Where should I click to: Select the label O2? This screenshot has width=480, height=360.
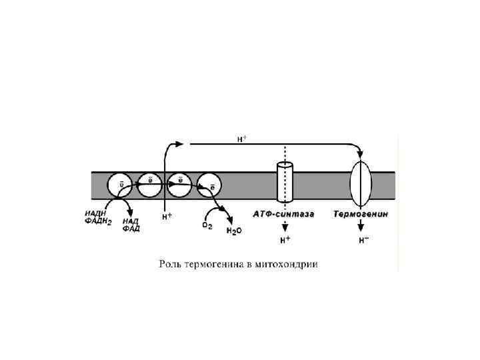[x=207, y=225]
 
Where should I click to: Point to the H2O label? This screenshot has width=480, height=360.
[x=235, y=232]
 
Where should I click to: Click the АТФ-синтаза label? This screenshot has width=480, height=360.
[x=279, y=215]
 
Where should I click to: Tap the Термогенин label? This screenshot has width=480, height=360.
[x=361, y=215]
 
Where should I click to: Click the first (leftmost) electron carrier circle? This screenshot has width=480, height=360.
[x=122, y=185]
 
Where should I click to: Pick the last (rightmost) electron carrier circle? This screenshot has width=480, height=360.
[x=210, y=185]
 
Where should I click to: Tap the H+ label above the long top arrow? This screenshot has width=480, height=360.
[x=242, y=139]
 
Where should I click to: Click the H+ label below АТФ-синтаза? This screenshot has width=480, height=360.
[x=285, y=241]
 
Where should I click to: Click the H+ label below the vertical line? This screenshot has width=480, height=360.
[x=167, y=217]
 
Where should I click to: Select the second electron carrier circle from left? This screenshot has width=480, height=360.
[x=151, y=185]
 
